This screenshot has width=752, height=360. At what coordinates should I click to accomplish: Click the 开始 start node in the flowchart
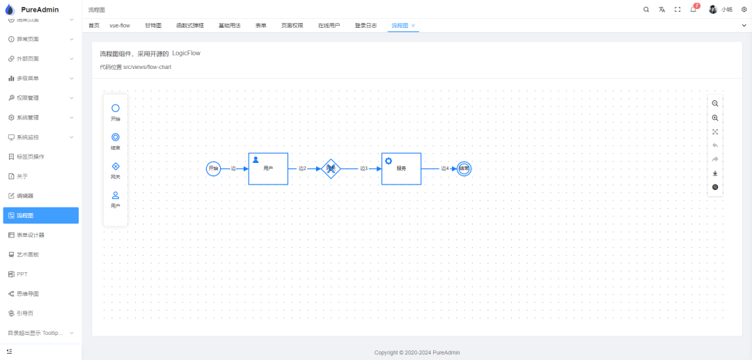pyautogui.click(x=214, y=169)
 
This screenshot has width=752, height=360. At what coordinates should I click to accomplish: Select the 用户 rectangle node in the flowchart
pyautogui.click(x=268, y=169)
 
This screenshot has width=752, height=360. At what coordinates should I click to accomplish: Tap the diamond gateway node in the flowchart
pyautogui.click(x=331, y=169)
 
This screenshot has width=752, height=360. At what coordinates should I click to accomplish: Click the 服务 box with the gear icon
pyautogui.click(x=401, y=169)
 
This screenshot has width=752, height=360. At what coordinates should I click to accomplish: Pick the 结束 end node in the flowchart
pyautogui.click(x=464, y=169)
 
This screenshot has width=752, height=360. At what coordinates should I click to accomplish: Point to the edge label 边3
pyautogui.click(x=363, y=169)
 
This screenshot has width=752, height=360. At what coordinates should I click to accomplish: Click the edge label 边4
pyautogui.click(x=444, y=169)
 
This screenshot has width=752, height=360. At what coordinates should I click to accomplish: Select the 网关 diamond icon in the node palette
pyautogui.click(x=116, y=166)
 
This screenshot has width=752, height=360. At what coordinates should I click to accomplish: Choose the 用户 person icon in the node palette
pyautogui.click(x=116, y=196)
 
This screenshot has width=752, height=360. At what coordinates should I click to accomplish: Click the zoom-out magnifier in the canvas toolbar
pyautogui.click(x=715, y=103)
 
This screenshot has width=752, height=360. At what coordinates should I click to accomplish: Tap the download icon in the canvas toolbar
pyautogui.click(x=715, y=173)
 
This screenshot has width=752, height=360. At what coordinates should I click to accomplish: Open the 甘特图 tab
pyautogui.click(x=153, y=25)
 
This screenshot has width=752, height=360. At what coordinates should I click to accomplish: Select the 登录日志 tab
pyautogui.click(x=366, y=25)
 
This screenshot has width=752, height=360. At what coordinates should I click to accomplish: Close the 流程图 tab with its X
pyautogui.click(x=414, y=25)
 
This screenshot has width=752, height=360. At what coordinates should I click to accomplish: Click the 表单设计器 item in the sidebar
pyautogui.click(x=31, y=235)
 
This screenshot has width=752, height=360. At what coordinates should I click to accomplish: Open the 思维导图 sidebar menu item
pyautogui.click(x=27, y=293)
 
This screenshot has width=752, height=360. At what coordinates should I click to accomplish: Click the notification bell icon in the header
pyautogui.click(x=694, y=10)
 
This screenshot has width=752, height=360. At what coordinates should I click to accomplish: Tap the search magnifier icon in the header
pyautogui.click(x=646, y=10)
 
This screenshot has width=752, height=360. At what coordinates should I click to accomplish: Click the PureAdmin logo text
pyautogui.click(x=40, y=10)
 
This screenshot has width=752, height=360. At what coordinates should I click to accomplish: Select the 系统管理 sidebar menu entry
pyautogui.click(x=28, y=117)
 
